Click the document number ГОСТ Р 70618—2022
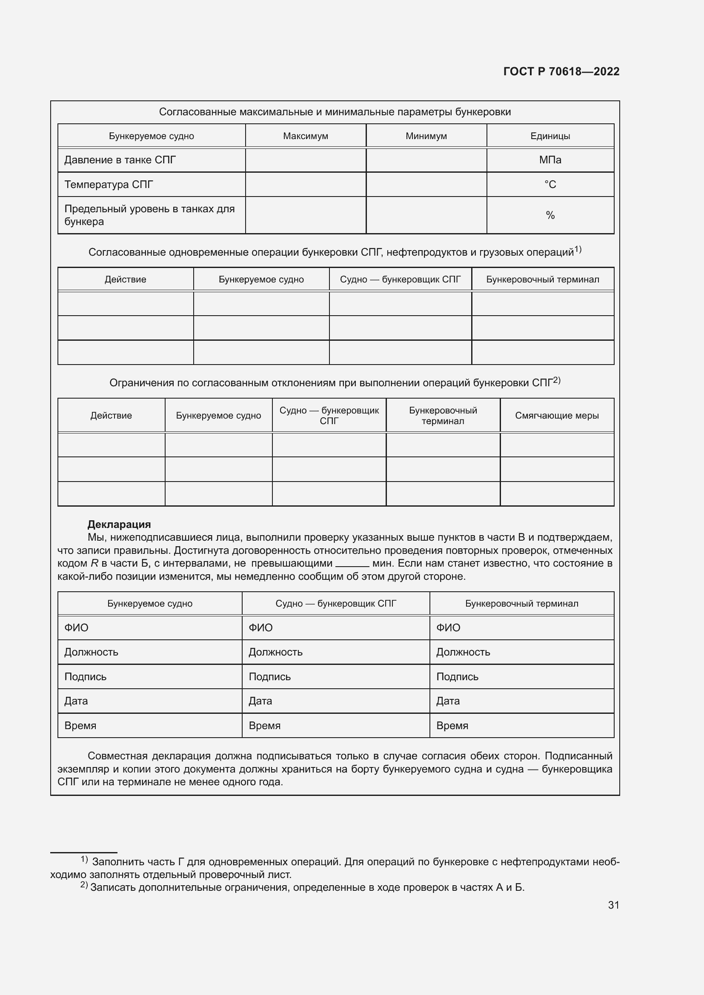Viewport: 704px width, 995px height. (x=561, y=71)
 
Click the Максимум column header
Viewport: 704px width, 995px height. (x=305, y=136)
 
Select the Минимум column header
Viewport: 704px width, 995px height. (x=426, y=136)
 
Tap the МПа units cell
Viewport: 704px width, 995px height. (x=549, y=160)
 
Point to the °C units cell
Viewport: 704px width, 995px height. (x=549, y=185)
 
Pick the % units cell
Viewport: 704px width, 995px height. (x=549, y=215)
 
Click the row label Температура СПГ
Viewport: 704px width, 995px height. (x=109, y=185)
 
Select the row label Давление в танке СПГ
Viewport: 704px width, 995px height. (x=120, y=160)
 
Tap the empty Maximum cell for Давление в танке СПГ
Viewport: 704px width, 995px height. (x=305, y=160)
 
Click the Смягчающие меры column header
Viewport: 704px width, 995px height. (x=557, y=416)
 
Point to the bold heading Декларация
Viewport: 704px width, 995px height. (x=119, y=525)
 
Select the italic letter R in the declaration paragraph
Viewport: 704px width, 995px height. (x=94, y=564)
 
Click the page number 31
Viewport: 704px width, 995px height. (x=613, y=905)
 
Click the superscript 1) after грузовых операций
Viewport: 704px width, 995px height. (x=578, y=250)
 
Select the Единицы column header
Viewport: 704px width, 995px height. (x=549, y=136)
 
